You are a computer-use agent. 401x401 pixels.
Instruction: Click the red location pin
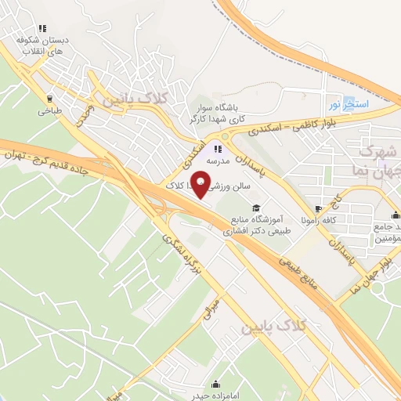coord(201,186)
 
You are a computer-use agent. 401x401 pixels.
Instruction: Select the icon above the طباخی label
coord(51,99)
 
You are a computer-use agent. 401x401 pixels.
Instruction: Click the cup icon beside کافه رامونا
coord(318,209)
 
